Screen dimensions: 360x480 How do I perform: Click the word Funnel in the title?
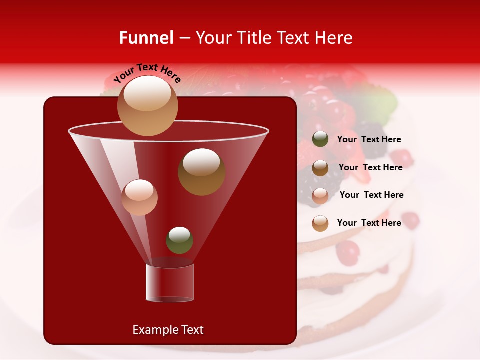(x=146, y=38)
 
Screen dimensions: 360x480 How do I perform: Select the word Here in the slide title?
(x=334, y=38)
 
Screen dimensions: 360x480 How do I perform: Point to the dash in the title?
(x=184, y=38)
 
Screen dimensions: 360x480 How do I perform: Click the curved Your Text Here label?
(x=147, y=73)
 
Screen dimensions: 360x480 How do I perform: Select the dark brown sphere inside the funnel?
(x=201, y=171)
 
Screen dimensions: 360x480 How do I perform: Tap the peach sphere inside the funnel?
(x=139, y=197)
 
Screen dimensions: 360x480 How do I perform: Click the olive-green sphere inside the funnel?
(x=179, y=240)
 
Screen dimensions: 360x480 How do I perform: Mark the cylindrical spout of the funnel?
(x=170, y=282)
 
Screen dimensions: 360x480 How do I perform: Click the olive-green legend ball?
(x=320, y=139)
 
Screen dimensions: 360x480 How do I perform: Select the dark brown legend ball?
(x=320, y=168)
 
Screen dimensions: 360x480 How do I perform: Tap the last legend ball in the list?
(x=320, y=223)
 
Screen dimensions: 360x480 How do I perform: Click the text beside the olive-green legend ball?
(x=369, y=139)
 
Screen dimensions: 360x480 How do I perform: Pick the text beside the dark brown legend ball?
(x=370, y=167)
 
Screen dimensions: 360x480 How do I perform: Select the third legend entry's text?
(x=371, y=195)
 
